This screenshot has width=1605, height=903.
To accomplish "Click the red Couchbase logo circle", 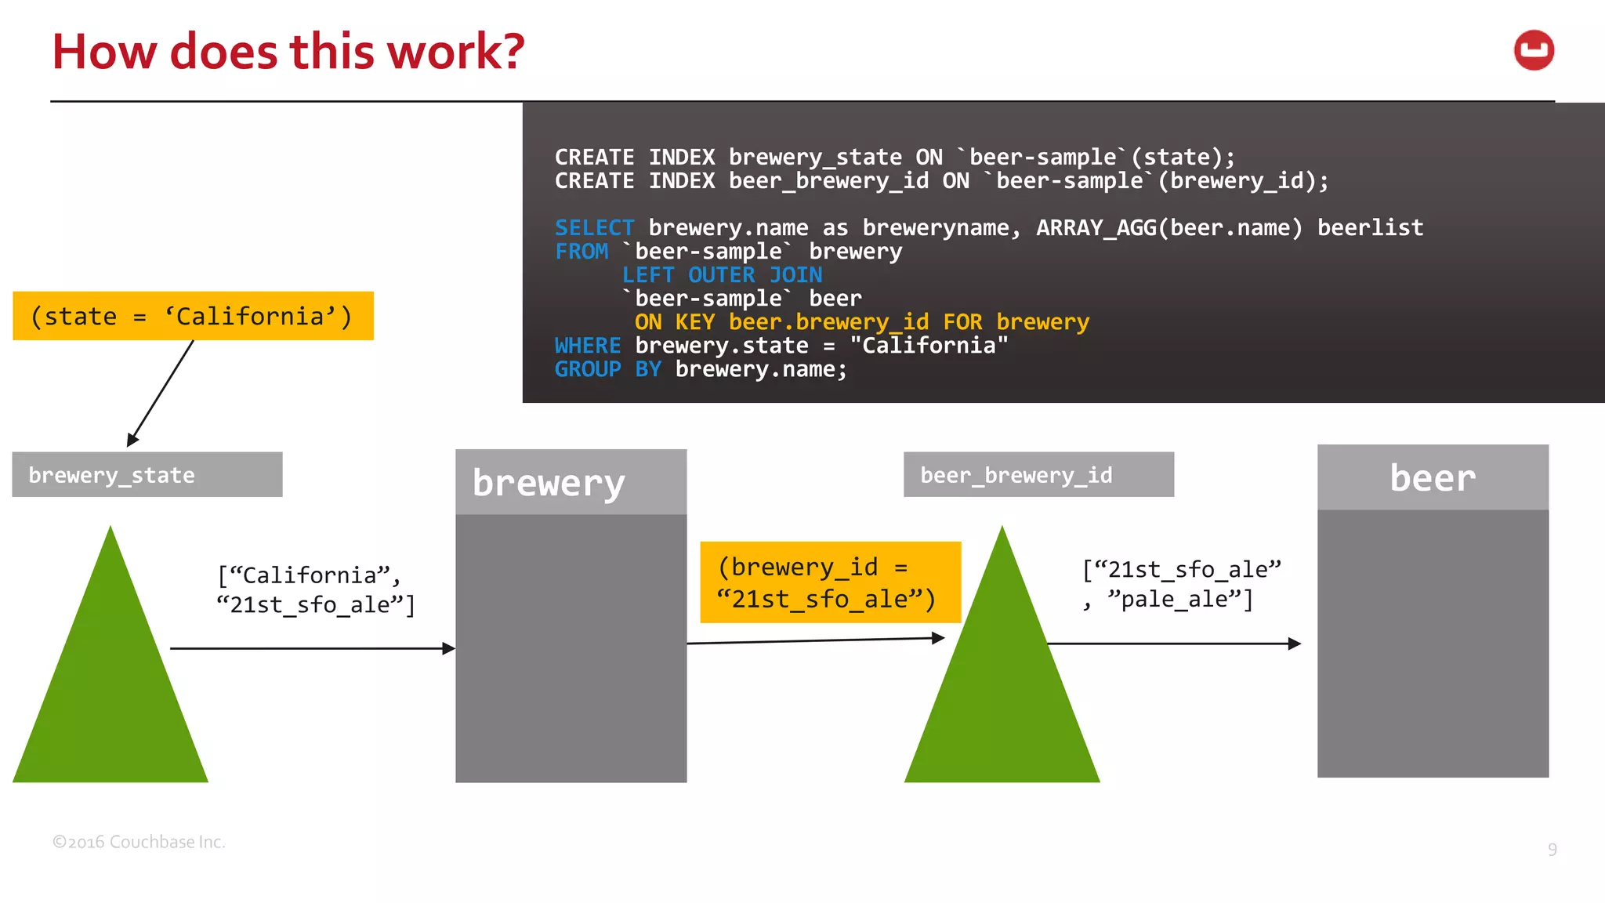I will tap(1534, 51).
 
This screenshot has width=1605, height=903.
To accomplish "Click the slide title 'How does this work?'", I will tap(288, 52).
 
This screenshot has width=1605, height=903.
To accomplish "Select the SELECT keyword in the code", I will tap(594, 228).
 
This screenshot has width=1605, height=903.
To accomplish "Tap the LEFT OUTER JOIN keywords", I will tap(722, 275).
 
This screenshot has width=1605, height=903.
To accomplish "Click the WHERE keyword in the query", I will tap(587, 346).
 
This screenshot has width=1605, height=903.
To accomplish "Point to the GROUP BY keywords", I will tap(608, 369).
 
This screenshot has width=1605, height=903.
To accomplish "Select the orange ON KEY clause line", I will tap(861, 322).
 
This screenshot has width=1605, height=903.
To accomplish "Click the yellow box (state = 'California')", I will tap(193, 316).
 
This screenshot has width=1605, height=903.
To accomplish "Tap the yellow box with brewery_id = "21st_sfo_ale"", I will tap(830, 582).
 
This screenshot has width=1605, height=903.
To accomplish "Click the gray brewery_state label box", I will tap(147, 474).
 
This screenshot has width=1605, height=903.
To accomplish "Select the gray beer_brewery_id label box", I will tap(1038, 474).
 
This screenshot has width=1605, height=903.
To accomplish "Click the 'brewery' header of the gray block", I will tap(571, 482).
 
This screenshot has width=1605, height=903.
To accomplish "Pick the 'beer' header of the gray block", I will tap(1433, 477).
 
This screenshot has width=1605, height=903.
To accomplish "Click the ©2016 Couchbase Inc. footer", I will tap(139, 842).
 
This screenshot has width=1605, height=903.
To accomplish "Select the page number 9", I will tap(1552, 850).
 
